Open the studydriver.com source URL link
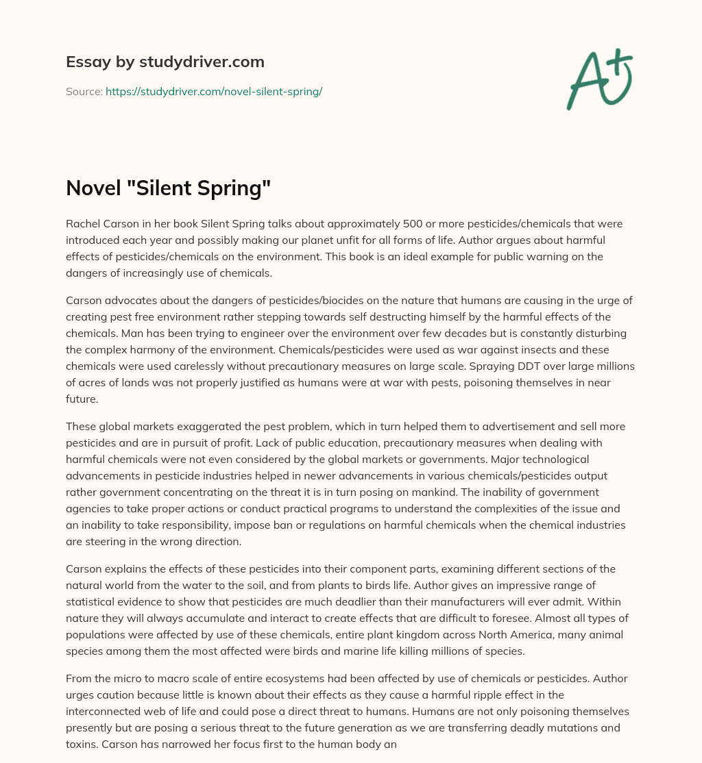point(214,91)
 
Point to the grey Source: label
point(84,91)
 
